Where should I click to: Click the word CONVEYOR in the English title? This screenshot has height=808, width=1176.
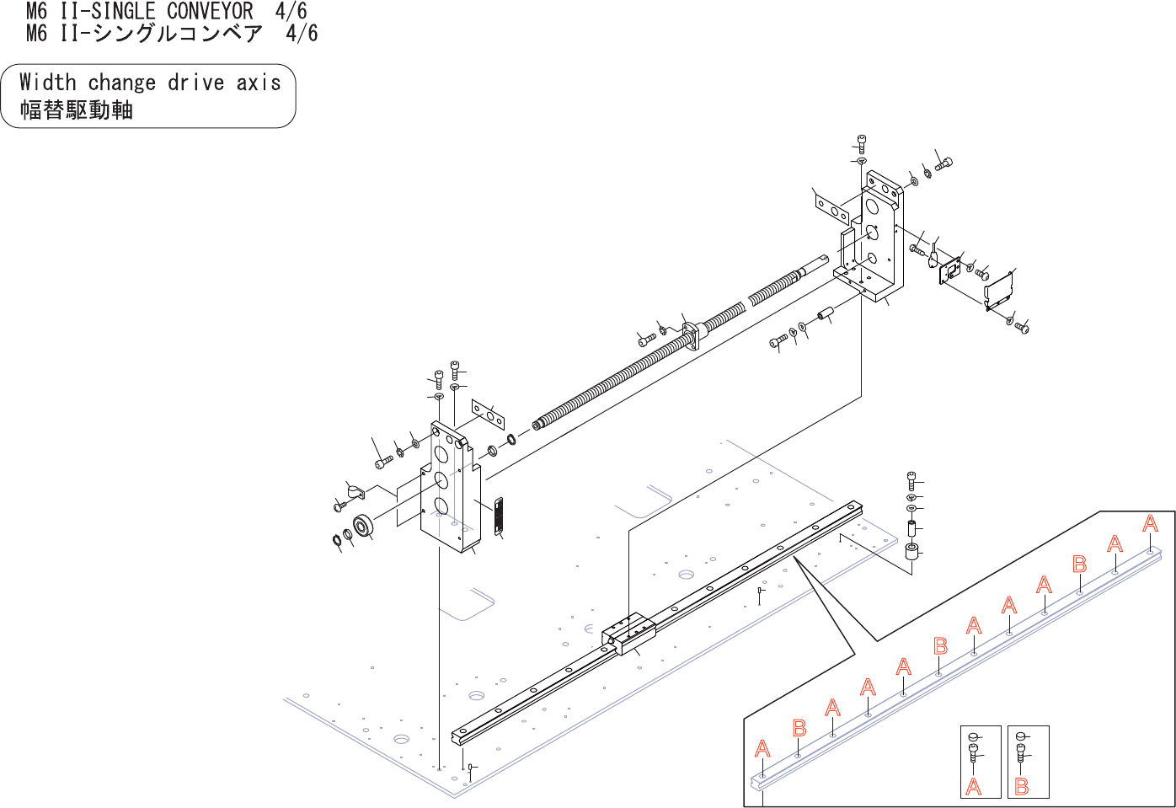(210, 11)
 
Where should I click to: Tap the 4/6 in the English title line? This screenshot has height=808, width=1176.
(291, 11)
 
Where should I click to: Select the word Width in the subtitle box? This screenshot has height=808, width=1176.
(48, 82)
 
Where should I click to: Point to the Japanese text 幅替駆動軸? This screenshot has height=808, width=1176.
(77, 110)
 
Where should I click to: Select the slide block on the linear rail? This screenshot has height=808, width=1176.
(629, 631)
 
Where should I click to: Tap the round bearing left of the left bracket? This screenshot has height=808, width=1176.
(364, 526)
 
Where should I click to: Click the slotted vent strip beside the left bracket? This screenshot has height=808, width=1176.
(498, 515)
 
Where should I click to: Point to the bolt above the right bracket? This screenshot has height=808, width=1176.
(862, 142)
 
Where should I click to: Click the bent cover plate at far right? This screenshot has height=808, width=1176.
(999, 291)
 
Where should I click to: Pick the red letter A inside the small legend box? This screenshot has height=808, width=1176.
(974, 787)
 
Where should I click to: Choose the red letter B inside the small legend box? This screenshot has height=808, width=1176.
(1022, 787)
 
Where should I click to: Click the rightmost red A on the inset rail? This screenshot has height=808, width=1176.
(1150, 524)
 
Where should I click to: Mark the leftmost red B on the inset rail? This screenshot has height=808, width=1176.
(799, 728)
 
